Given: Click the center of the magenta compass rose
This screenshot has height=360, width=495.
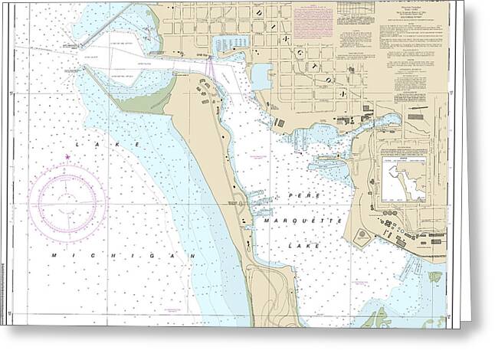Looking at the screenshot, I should pyautogui.click(x=67, y=201).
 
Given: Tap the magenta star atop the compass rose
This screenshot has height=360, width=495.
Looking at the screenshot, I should pyautogui.click(x=67, y=158).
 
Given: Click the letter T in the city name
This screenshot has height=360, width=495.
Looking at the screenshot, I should pyautogui.click(x=322, y=67).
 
